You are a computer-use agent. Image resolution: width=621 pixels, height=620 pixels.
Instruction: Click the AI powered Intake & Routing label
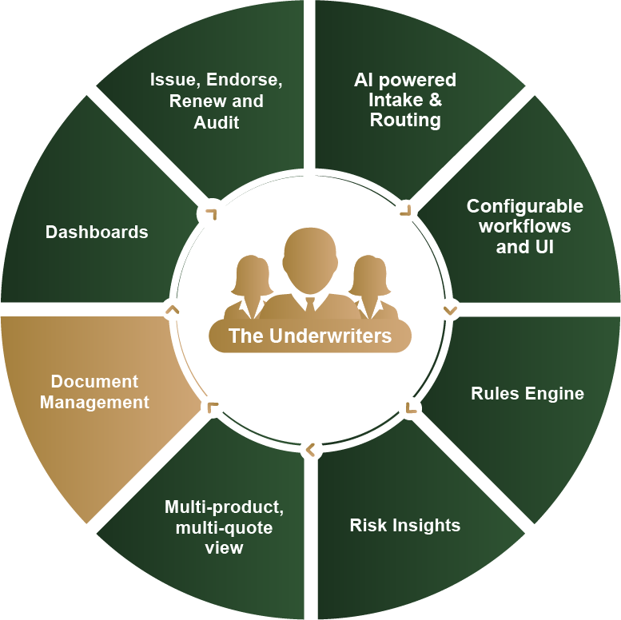coord(405,101)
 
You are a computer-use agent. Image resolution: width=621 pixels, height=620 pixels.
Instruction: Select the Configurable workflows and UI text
coord(525,226)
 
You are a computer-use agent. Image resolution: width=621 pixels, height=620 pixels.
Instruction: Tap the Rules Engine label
coord(527,393)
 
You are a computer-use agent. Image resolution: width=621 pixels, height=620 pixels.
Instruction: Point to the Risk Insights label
coord(405,525)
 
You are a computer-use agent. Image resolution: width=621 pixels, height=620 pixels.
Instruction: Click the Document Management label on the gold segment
coord(95,391)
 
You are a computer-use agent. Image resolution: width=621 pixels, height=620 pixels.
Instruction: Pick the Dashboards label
coord(97,232)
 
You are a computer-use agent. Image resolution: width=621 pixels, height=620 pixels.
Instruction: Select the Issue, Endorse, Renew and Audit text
coord(217,101)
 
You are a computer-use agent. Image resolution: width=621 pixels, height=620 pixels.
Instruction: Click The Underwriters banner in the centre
coord(310,336)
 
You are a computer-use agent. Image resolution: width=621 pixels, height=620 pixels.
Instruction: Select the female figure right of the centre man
coord(368,284)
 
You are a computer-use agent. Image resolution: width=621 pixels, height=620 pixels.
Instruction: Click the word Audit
coord(217,122)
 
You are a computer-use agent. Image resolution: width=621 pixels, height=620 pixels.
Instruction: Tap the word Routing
coord(405,121)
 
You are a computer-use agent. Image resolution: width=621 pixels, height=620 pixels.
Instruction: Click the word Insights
coord(428,525)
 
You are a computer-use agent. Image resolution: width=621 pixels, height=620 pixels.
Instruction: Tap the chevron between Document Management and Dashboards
coord(170,309)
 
